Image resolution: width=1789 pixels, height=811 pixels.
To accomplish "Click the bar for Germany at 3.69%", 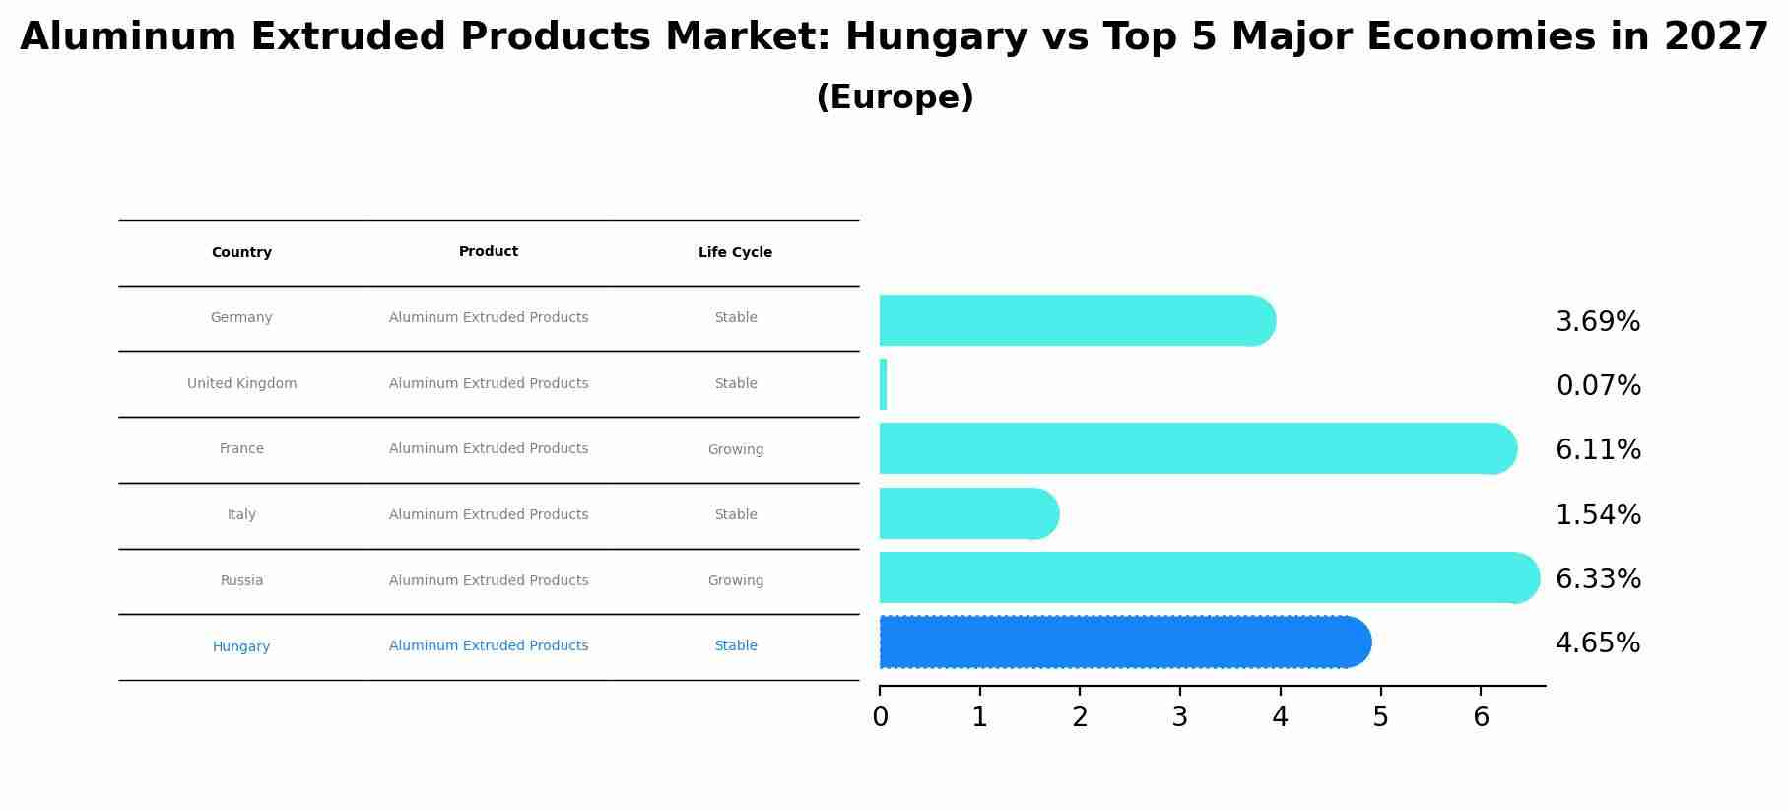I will tap(1074, 320).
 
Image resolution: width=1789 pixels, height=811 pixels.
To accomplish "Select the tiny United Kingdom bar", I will tap(883, 384).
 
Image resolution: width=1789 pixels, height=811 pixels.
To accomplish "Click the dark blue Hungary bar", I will tap(1123, 642).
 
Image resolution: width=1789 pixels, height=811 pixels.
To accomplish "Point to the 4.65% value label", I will tap(1597, 643).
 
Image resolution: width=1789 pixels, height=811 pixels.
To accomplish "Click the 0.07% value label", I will tap(1598, 386).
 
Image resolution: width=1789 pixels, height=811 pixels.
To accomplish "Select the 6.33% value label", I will tap(1598, 579).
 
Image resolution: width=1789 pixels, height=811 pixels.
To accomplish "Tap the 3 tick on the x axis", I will tap(1179, 717).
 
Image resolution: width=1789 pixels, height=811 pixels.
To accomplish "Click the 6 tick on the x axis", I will tap(1480, 717).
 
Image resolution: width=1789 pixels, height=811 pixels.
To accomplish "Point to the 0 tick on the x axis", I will tap(880, 717).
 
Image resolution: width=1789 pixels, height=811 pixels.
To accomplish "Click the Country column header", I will tap(241, 253).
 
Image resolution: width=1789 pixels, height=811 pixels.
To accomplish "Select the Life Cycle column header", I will tap(735, 253).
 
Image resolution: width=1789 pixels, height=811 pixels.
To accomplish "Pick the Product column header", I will tap(489, 252).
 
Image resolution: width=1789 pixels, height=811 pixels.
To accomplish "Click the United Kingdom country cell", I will tap(241, 384).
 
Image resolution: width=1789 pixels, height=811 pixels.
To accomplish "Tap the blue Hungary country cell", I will tap(241, 647).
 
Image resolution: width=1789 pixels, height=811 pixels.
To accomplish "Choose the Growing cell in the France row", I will tap(735, 450).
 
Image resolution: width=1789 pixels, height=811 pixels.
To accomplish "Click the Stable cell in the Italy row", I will tap(735, 515).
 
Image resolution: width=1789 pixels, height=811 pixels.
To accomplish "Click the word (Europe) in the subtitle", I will tap(894, 98).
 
